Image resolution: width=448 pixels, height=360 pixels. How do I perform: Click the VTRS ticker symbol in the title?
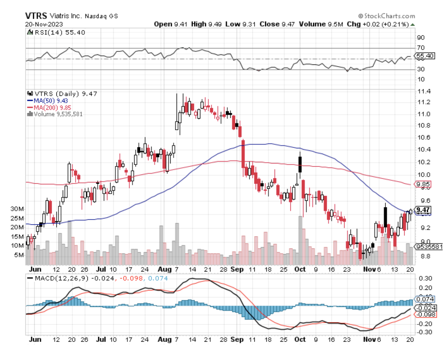tap(36, 16)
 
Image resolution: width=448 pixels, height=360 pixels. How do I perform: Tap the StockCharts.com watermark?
tap(387, 16)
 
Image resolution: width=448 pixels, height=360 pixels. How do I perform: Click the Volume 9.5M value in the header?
tap(321, 24)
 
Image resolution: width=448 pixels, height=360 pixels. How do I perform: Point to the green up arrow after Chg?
tap(413, 24)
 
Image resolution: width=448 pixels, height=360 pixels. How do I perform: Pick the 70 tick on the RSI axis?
tap(421, 48)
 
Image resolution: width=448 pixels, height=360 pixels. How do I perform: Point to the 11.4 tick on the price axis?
tap(424, 91)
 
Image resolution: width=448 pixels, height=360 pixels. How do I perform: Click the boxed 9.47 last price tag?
tap(423, 210)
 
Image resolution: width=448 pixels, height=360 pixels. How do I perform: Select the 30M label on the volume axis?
tap(17, 209)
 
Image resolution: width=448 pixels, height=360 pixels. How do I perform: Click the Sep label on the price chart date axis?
tap(237, 269)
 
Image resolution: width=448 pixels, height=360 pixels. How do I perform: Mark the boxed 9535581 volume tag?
tap(429, 247)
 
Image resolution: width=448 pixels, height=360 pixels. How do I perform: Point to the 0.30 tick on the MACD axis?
tap(425, 278)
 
